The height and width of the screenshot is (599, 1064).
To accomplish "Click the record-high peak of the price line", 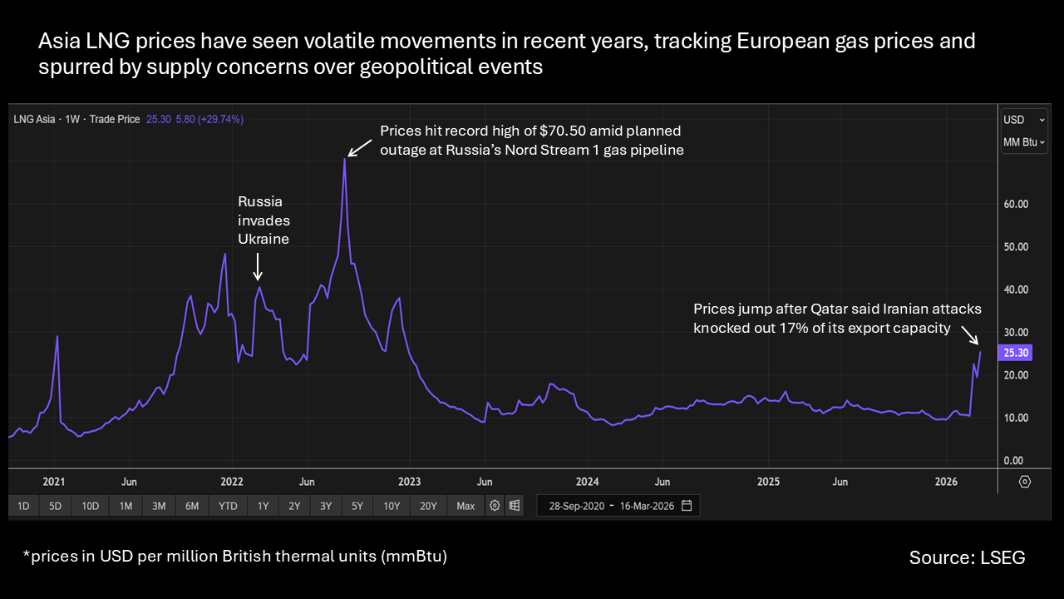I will click(x=344, y=159).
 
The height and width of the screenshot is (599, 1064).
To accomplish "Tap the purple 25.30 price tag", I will click(x=1016, y=353).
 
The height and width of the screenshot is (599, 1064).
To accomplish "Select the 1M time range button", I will click(x=125, y=506).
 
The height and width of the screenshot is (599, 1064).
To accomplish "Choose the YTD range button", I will click(x=228, y=506).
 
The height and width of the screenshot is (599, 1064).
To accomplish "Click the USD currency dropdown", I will click(x=1023, y=120).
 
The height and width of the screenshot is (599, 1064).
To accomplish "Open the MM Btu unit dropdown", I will click(x=1023, y=142).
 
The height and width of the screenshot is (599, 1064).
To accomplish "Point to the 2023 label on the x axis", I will click(x=409, y=482).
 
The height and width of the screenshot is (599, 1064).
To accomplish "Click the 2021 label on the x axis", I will click(x=54, y=482).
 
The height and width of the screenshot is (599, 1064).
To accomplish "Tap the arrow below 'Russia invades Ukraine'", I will click(x=258, y=267).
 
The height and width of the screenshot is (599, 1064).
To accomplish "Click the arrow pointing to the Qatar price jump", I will click(x=969, y=334).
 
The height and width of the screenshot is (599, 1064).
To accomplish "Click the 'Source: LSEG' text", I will click(x=967, y=557).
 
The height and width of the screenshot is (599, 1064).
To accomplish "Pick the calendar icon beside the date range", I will click(x=687, y=506).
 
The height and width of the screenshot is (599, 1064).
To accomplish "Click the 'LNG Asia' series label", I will click(x=34, y=120).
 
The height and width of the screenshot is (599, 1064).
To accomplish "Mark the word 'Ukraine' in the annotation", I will click(x=264, y=239).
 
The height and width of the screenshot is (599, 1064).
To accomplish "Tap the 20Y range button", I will click(x=428, y=506).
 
